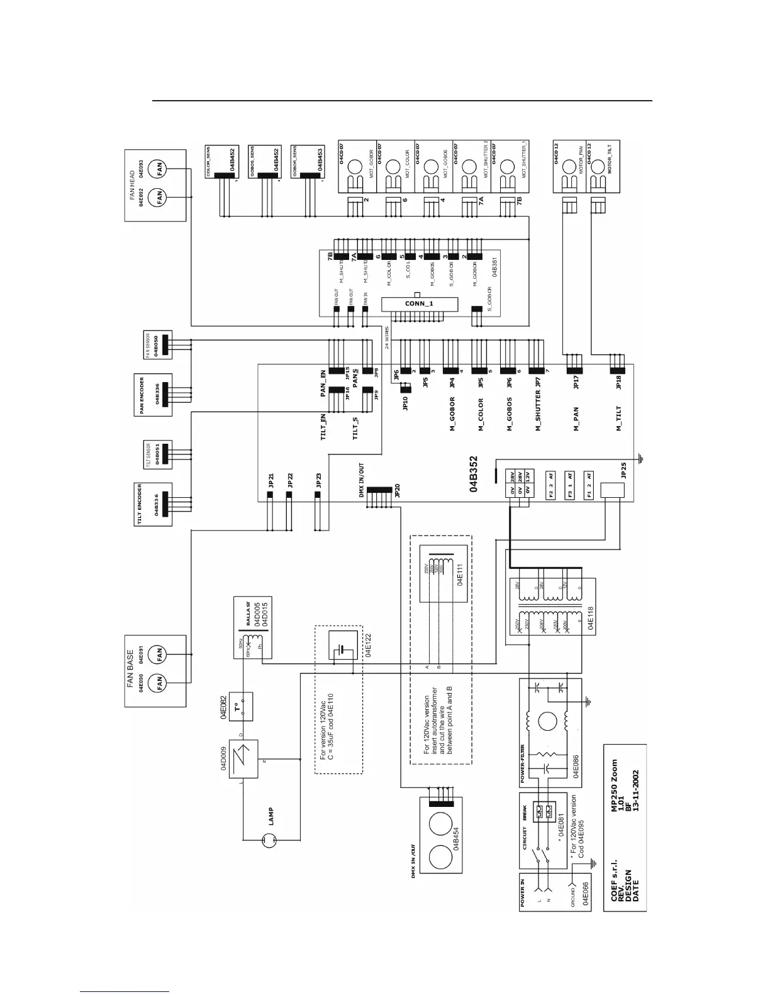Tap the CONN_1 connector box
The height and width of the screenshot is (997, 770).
point(417,305)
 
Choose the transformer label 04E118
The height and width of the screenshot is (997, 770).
point(590,619)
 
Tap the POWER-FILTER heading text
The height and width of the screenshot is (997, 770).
point(523,764)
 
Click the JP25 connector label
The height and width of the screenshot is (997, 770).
point(623,471)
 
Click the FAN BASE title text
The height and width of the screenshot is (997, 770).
point(130,669)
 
